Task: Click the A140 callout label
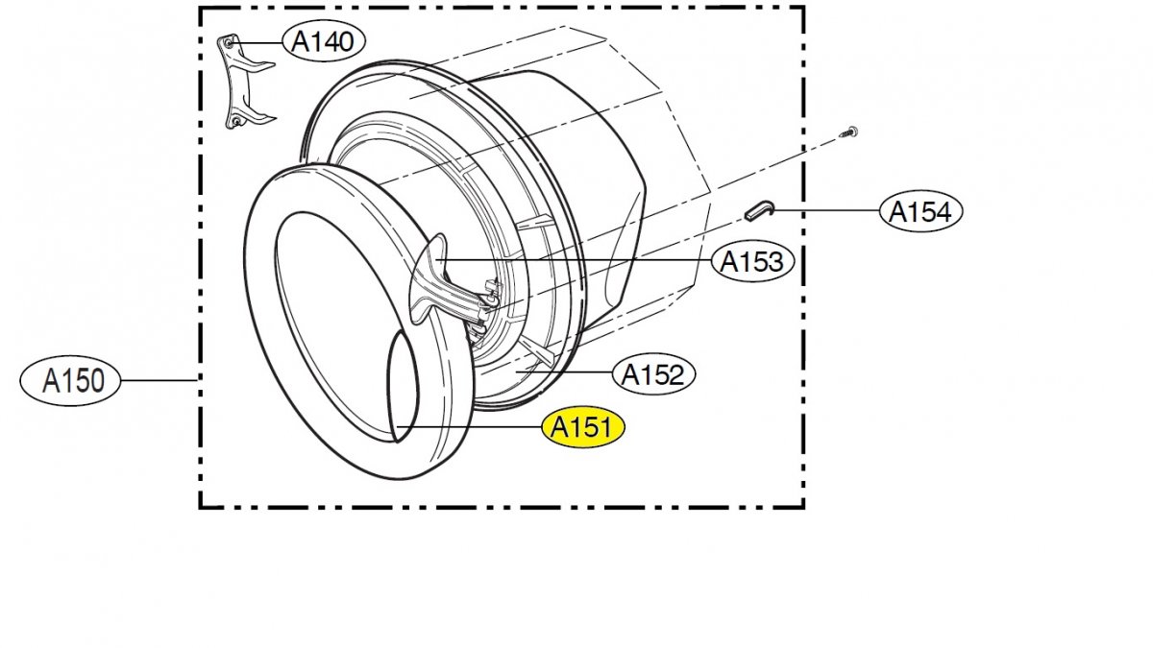(324, 41)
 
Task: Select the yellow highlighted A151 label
(582, 428)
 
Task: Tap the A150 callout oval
(70, 380)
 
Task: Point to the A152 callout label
(653, 374)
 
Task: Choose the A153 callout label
(752, 262)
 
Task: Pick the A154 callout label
(920, 211)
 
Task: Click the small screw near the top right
(848, 132)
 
